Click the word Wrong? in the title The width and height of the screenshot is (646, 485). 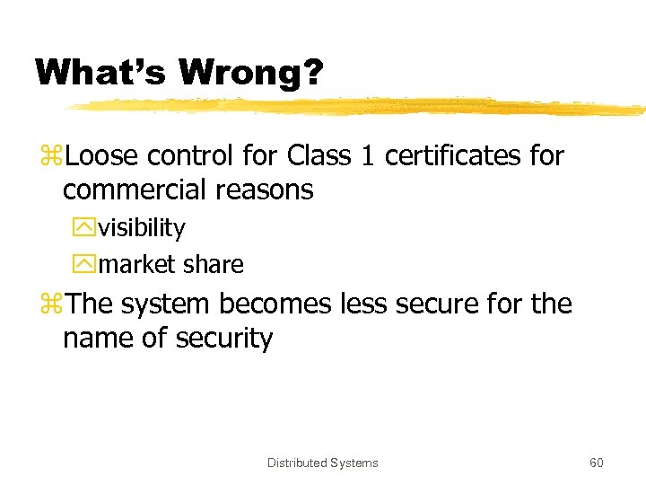[x=249, y=73]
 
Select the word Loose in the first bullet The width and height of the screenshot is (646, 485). [x=101, y=156]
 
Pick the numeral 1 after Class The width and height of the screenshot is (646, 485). [x=365, y=156]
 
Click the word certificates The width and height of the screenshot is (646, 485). [x=451, y=156]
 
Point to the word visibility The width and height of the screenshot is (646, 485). [x=142, y=229]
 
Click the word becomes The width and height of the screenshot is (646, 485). [x=277, y=304]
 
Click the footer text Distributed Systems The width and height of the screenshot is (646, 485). [x=323, y=463]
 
